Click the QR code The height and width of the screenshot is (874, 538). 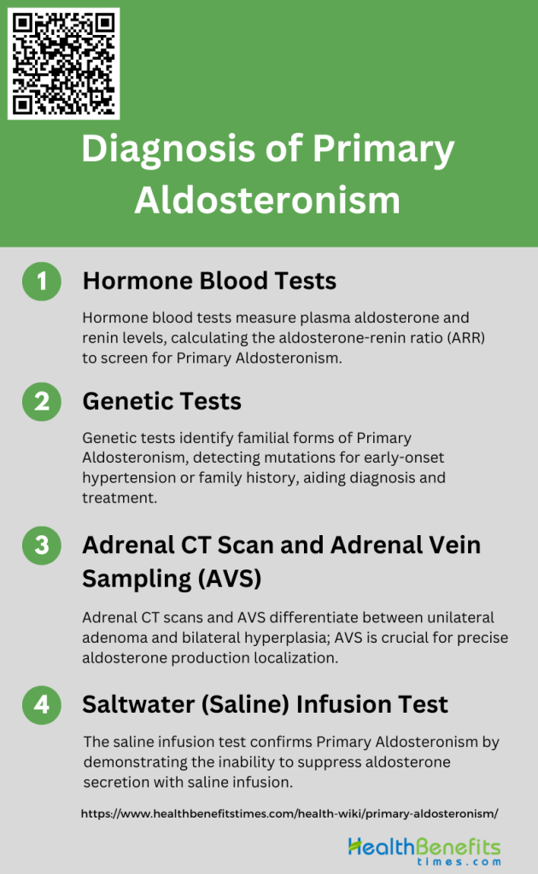coord(63,63)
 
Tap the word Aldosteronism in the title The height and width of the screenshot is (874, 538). coord(267,201)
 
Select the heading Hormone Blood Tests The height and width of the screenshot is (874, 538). coord(209,281)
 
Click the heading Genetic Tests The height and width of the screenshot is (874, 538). coord(161,401)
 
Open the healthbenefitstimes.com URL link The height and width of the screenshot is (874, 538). coord(289,813)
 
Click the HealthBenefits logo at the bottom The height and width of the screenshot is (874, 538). coord(424,850)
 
